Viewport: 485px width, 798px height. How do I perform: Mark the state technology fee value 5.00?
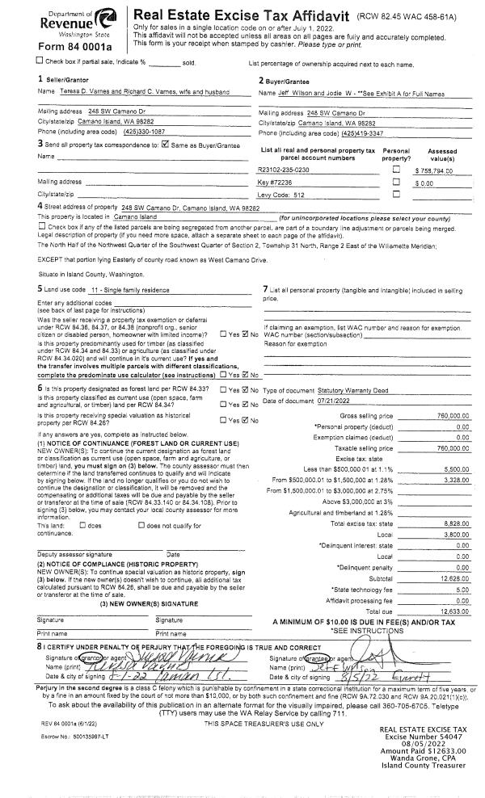click(x=462, y=590)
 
